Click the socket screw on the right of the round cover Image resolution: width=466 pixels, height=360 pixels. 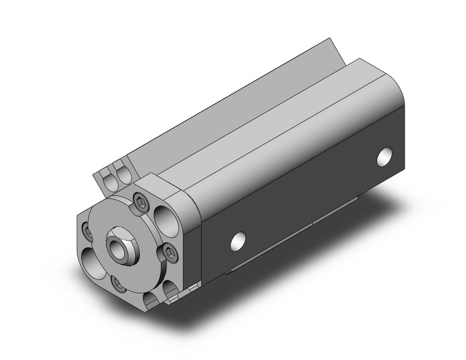click(x=169, y=253)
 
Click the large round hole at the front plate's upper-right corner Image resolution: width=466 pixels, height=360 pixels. click(x=165, y=215)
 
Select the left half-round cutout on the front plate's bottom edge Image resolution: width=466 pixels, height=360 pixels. click(x=150, y=299)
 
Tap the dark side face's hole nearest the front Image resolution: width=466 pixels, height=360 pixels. click(x=239, y=240)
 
